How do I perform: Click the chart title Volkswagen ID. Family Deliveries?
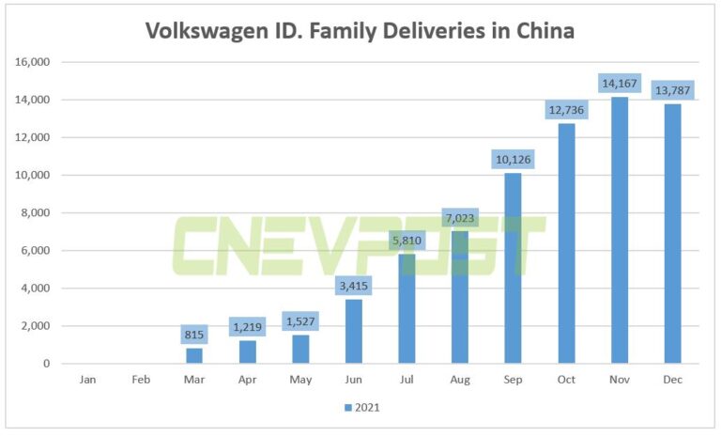pos(360,31)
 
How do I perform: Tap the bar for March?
pos(193,355)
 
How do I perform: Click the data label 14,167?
pos(620,83)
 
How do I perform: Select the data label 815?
pos(193,334)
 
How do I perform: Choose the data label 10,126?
pos(513,159)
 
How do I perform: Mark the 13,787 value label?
pos(672,90)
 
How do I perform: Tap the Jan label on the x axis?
pos(87,380)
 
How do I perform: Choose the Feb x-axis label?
pos(140,380)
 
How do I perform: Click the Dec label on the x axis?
pos(672,380)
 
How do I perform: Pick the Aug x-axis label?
pos(459,380)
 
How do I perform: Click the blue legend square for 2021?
pos(348,408)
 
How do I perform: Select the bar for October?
pos(566,243)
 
